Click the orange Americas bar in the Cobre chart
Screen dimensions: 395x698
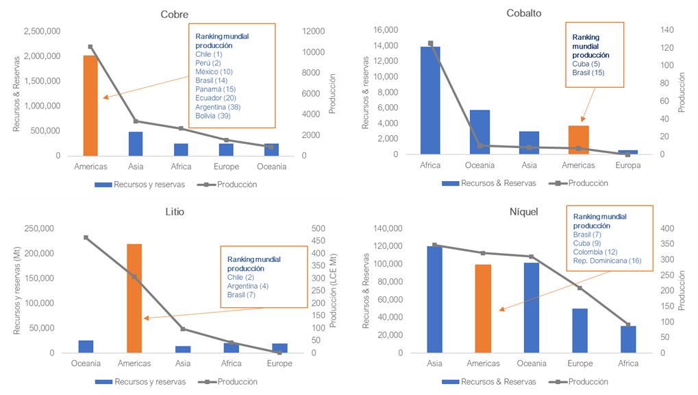(x=90, y=105)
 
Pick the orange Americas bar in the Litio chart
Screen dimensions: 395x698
(x=134, y=298)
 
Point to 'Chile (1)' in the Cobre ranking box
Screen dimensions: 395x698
(x=209, y=54)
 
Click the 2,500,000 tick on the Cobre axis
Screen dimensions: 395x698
(x=42, y=32)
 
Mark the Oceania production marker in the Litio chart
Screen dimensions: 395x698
(x=86, y=237)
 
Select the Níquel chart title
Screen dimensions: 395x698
(x=524, y=211)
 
